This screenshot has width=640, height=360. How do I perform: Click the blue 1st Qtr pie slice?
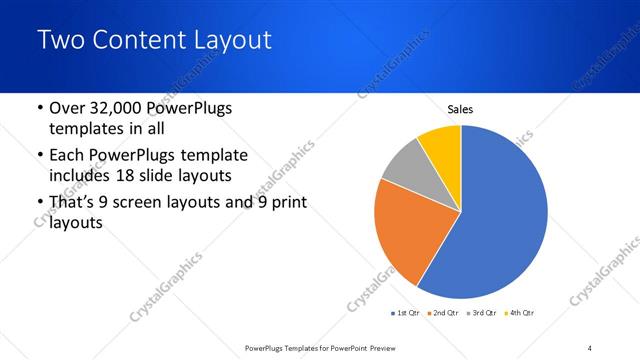coord(500,220)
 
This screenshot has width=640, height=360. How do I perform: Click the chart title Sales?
coord(460,110)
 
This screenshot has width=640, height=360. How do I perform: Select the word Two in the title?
coord(56,41)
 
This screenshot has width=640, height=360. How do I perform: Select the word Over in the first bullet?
coord(68,108)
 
